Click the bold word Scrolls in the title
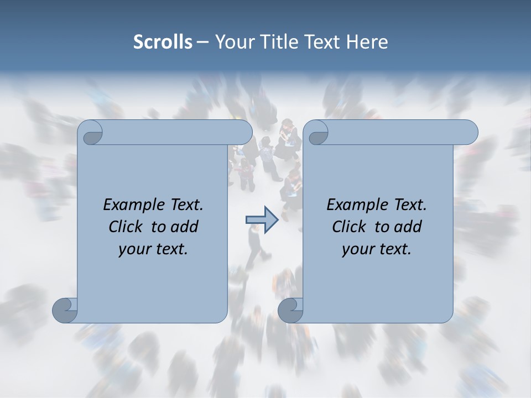pos(163,42)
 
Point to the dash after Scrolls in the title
pos(202,42)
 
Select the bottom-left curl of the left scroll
pos(65,310)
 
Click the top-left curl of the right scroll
pos(317,133)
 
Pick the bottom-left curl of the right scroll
pos(291,310)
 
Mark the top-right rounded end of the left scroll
pos(243,133)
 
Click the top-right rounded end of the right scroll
pos(469,133)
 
